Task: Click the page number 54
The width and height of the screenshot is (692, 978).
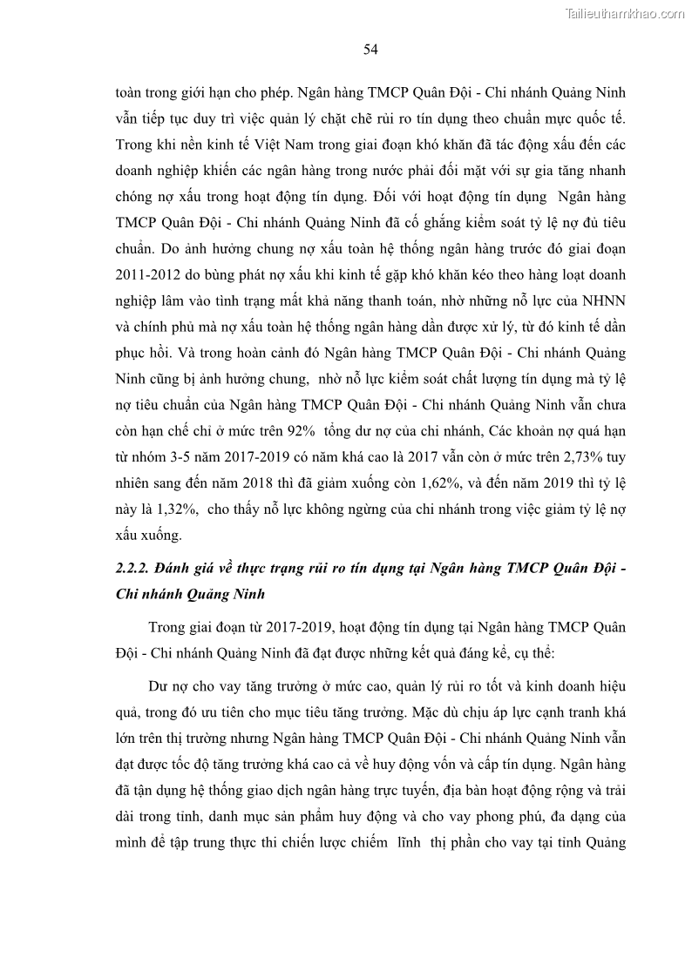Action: click(x=370, y=50)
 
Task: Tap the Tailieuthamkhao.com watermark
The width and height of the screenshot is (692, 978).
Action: click(x=626, y=13)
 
